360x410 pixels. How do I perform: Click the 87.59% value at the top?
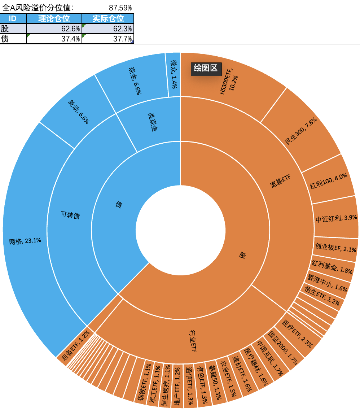[120, 7]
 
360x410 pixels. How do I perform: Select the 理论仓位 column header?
[54, 19]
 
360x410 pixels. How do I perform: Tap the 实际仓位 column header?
[108, 19]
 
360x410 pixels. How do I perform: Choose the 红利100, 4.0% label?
[329, 181]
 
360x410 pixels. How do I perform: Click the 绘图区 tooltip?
[206, 68]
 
